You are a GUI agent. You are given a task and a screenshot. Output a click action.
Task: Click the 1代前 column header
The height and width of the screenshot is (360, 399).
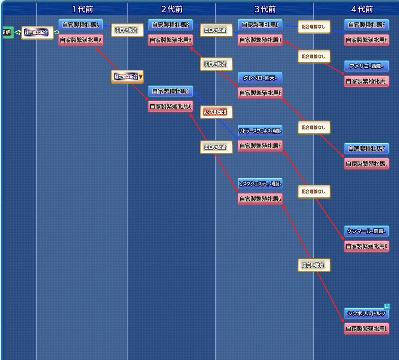click(x=82, y=9)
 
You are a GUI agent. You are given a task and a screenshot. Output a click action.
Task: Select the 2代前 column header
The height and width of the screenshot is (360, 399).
click(x=171, y=9)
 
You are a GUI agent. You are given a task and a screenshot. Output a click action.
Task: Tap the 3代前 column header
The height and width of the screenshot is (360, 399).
click(x=265, y=9)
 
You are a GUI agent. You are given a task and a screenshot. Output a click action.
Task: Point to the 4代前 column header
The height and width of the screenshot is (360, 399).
click(x=362, y=9)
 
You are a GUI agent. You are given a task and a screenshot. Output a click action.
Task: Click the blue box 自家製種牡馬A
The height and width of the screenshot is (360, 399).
click(x=80, y=25)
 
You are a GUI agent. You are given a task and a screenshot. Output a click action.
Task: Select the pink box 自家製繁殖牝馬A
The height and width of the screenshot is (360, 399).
click(x=80, y=40)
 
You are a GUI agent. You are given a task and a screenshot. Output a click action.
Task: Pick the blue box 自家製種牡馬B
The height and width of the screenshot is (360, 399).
click(x=170, y=25)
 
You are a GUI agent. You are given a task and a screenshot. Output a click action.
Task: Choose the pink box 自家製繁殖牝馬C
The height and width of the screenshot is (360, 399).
click(x=170, y=107)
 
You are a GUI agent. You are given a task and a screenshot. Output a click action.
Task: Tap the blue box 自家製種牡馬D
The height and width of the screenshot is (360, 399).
click(x=260, y=25)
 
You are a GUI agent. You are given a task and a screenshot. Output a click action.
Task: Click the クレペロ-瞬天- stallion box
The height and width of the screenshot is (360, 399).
click(x=260, y=78)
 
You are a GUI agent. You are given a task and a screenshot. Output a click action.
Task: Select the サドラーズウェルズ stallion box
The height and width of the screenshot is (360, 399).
click(x=260, y=131)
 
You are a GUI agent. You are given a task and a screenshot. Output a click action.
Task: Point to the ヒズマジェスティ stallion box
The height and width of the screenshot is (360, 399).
click(x=260, y=184)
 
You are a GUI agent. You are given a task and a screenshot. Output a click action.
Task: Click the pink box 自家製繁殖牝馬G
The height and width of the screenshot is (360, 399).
click(x=260, y=199)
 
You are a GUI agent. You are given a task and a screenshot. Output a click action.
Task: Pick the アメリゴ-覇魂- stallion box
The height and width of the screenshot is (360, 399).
click(x=366, y=67)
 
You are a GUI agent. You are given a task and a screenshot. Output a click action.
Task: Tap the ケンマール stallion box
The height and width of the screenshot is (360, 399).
click(x=366, y=231)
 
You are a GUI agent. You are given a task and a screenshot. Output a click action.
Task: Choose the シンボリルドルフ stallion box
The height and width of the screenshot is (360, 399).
click(x=366, y=314)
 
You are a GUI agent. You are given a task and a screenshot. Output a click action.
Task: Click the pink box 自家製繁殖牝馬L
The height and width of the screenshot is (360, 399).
click(x=366, y=329)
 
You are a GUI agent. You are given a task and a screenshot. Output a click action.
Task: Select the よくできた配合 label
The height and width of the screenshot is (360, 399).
click(x=215, y=111)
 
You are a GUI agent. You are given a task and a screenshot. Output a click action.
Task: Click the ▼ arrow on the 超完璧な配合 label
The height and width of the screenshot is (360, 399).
click(x=141, y=77)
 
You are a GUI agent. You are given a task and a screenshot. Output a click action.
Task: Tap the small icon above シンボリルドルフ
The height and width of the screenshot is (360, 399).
click(x=387, y=307)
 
